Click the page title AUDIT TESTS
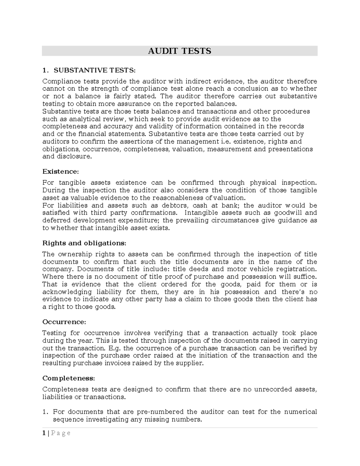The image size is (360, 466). (x=179, y=51)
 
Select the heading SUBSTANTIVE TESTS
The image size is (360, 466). (x=94, y=70)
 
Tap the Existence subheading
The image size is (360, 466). (x=60, y=172)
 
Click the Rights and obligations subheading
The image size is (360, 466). (x=84, y=243)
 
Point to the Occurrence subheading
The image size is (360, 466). (x=64, y=322)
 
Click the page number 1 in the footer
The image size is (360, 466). (x=44, y=433)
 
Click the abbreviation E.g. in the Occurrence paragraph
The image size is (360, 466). (x=115, y=348)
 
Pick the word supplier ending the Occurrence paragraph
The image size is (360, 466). (x=192, y=363)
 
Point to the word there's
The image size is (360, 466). (x=293, y=292)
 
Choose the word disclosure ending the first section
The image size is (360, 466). (x=75, y=156)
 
